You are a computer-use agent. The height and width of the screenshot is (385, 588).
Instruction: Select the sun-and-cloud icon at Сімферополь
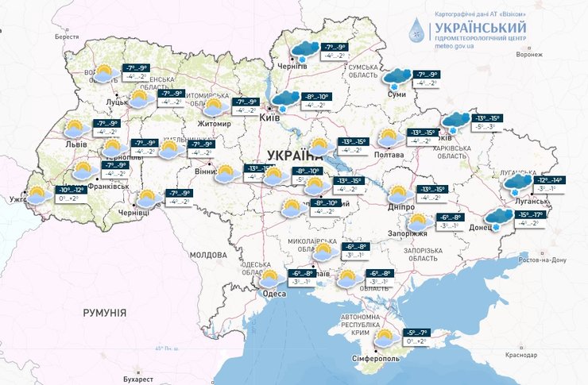pos(385,337)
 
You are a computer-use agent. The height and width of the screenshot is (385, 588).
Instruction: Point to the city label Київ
pos(269,117)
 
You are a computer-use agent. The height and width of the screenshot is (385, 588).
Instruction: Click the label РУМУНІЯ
pos(104,314)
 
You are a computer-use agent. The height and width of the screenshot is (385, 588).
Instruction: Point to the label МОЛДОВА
pos(208,255)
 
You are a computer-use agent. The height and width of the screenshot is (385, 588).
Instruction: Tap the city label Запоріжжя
pos(410,234)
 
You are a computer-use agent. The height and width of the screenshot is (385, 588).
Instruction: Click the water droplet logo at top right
pos(416,29)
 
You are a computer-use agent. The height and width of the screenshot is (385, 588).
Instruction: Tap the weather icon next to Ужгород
pos(37,194)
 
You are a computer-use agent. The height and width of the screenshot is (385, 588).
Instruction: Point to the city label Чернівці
pos(133,214)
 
